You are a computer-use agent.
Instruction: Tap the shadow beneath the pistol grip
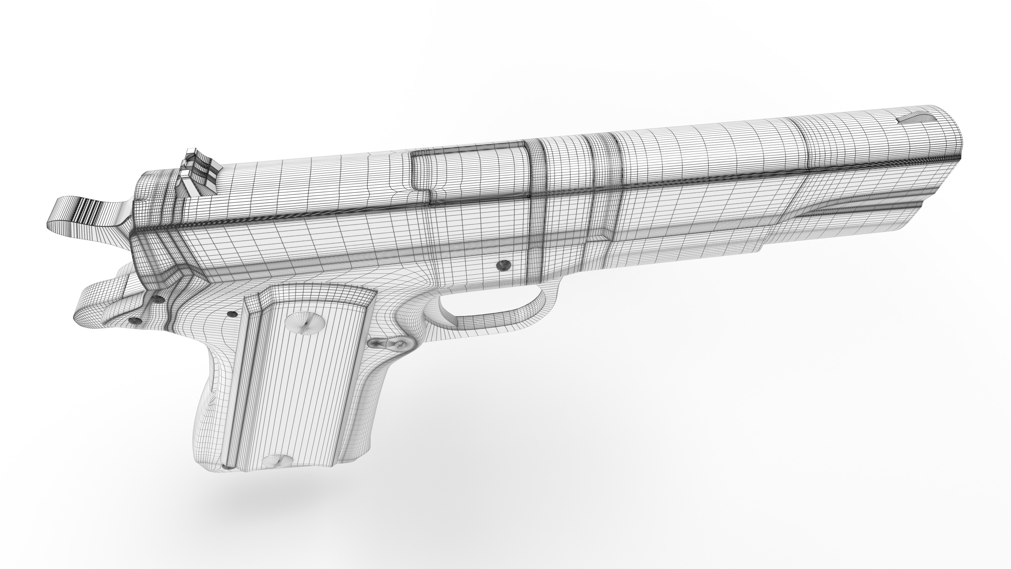pos(275,507)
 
